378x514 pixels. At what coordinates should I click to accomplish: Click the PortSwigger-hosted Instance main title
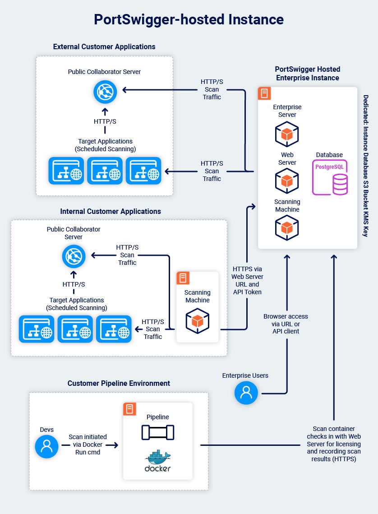click(x=189, y=19)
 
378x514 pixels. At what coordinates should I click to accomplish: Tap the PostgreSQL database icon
click(x=332, y=177)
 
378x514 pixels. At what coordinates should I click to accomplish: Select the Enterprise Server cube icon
click(x=287, y=134)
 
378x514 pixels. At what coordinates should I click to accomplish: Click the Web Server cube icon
click(x=287, y=181)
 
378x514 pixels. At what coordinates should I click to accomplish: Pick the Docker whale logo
click(x=158, y=461)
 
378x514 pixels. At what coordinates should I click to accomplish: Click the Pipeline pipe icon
click(x=158, y=433)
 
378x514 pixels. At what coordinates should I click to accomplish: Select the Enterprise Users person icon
click(x=246, y=393)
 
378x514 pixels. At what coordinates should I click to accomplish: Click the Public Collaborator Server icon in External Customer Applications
click(x=105, y=92)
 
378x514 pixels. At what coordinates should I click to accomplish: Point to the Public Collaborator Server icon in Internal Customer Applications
click(x=74, y=256)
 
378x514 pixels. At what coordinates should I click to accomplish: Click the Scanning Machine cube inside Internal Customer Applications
click(x=197, y=321)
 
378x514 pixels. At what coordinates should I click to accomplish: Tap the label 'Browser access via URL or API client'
click(x=286, y=324)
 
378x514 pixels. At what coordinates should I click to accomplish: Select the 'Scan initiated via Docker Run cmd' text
click(x=88, y=445)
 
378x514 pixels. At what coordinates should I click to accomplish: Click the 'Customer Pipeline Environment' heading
click(x=119, y=383)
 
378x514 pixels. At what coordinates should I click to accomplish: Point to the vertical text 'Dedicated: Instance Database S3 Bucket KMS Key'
click(x=365, y=165)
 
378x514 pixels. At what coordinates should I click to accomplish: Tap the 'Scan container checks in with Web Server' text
click(x=334, y=444)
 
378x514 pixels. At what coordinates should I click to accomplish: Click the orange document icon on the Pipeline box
click(x=130, y=409)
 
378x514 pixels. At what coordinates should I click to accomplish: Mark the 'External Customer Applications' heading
click(x=104, y=46)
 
